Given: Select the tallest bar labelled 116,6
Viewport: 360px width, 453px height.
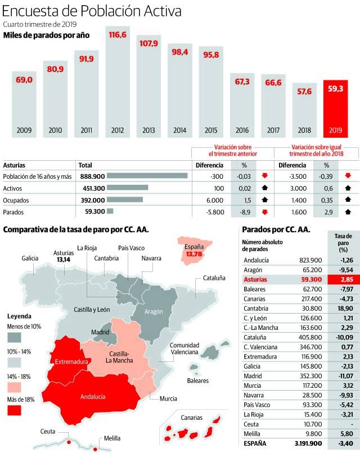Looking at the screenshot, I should pyautogui.click(x=118, y=84).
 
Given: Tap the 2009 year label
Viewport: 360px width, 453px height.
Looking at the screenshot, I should pyautogui.click(x=24, y=130).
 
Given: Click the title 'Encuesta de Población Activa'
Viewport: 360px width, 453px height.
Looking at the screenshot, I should pyautogui.click(x=100, y=11).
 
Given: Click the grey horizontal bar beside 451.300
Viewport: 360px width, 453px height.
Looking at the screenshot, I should pyautogui.click(x=127, y=188).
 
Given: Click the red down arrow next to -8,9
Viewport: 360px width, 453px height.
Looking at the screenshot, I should pyautogui.click(x=265, y=211).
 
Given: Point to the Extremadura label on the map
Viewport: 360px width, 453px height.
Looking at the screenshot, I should pyautogui.click(x=71, y=362).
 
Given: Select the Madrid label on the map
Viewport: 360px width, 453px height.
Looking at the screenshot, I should pyautogui.click(x=101, y=332).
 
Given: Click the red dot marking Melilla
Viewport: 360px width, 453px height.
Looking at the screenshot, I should pyautogui.click(x=96, y=449).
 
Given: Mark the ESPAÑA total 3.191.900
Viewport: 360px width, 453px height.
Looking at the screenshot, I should pyautogui.click(x=304, y=443).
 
